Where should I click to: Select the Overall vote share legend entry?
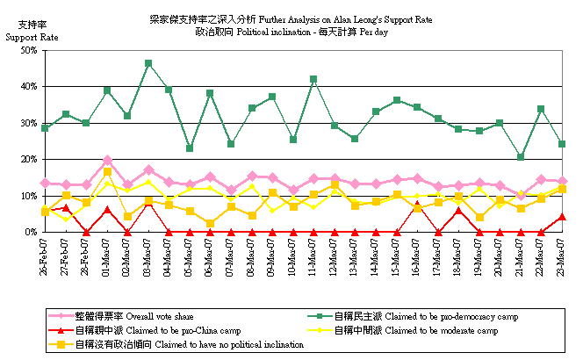click(140, 315)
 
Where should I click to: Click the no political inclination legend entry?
click(176, 344)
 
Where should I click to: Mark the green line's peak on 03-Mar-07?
click(149, 63)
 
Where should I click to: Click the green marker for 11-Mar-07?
click(313, 79)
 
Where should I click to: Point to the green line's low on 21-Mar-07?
click(521, 158)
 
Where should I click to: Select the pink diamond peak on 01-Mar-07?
click(107, 161)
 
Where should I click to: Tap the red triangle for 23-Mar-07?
click(562, 216)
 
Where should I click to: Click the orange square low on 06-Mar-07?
click(211, 223)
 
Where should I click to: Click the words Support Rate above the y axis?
click(32, 38)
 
